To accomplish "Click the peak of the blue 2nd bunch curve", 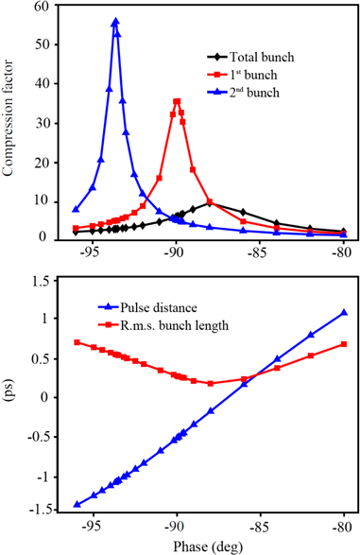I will click(115, 21).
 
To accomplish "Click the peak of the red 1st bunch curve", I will click(177, 101).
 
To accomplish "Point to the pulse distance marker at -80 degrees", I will click(344, 312).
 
